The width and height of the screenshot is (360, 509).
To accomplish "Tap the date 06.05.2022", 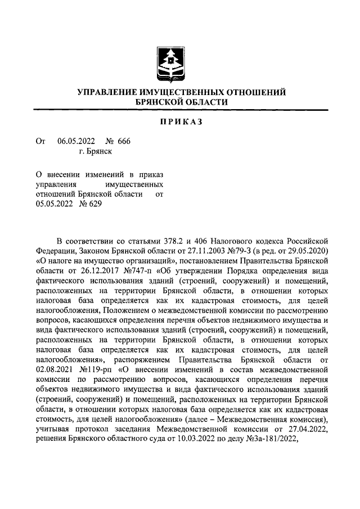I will click(x=76, y=141).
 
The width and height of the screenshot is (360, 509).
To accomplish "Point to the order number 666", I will click(x=124, y=141).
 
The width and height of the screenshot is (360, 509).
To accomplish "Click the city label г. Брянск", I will click(x=95, y=151).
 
